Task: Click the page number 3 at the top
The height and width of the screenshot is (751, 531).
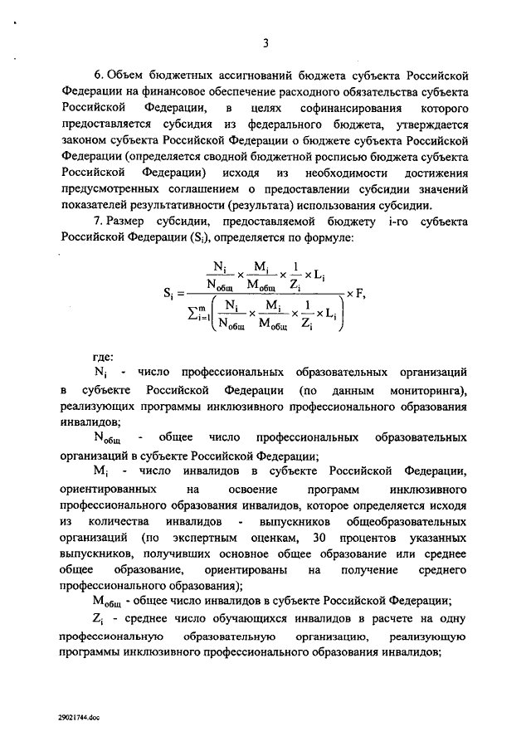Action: (265, 44)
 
